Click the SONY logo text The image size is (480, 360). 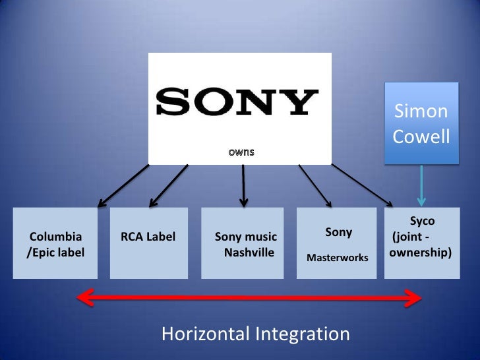pos(237,102)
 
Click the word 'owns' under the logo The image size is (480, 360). pos(241,152)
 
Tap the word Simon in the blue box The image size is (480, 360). pos(421,111)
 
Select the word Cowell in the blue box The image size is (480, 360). pos(421,137)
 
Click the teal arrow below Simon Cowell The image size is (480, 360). pos(421,187)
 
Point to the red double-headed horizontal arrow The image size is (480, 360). pos(249,299)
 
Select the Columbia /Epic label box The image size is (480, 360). pos(56,243)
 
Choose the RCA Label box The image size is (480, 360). pos(149,243)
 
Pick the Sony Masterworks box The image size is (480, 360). pos(338,243)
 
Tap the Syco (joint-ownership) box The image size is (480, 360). pos(421,243)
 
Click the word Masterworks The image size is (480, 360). pos(338,258)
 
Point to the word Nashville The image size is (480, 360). pos(249,252)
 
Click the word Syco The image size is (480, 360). pos(422,222)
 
